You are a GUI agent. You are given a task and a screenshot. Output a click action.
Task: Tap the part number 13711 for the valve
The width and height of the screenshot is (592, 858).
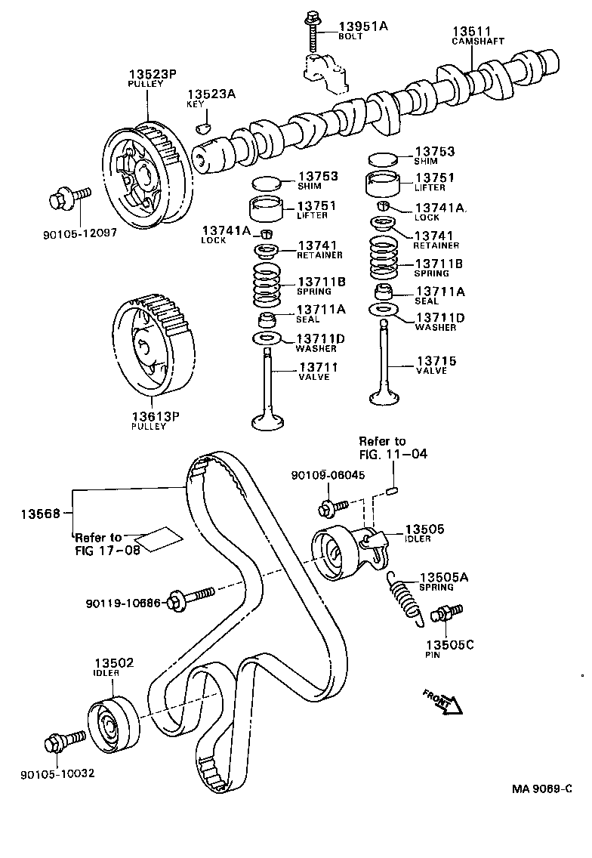(x=318, y=367)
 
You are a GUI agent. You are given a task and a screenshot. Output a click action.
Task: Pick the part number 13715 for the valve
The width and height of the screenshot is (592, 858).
(x=436, y=361)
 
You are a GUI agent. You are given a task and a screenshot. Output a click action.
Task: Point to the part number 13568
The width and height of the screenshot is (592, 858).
(x=41, y=512)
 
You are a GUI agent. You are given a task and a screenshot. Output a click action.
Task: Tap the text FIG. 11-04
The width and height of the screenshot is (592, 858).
(x=393, y=454)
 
